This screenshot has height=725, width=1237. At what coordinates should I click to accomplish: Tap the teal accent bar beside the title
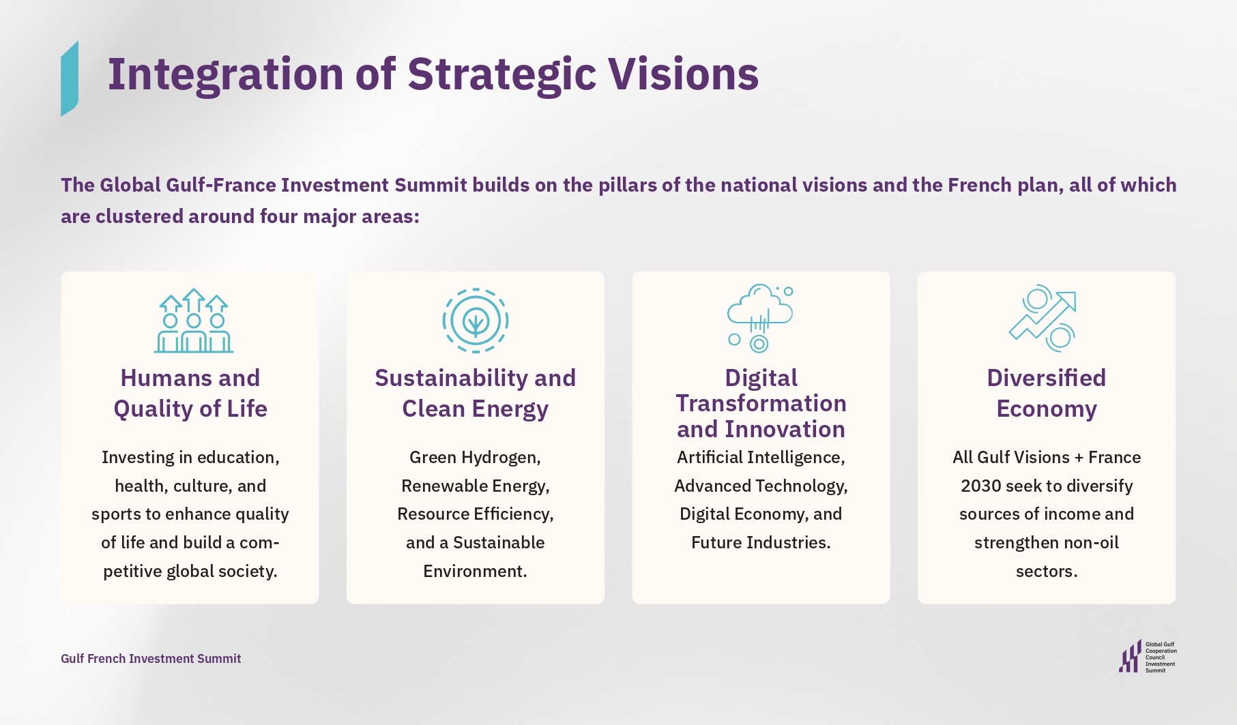(70, 78)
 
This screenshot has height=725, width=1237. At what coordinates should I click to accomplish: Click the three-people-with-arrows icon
(194, 321)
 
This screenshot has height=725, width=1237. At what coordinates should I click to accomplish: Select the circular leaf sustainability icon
(476, 321)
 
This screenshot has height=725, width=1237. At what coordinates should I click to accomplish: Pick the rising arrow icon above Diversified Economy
(1043, 318)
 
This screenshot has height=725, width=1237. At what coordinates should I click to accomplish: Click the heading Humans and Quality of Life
(190, 394)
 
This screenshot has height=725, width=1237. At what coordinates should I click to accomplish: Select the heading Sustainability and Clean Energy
(476, 394)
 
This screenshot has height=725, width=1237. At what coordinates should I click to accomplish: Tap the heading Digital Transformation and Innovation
(761, 403)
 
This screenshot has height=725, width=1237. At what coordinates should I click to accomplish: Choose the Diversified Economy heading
(1047, 394)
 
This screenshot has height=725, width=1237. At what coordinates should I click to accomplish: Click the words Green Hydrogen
(475, 458)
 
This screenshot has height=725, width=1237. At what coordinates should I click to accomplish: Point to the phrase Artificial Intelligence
(761, 458)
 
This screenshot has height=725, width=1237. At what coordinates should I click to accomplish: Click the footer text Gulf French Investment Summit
(151, 659)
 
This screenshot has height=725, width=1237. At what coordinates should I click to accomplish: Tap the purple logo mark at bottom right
(1130, 656)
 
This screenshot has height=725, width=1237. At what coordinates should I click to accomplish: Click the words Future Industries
(761, 543)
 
